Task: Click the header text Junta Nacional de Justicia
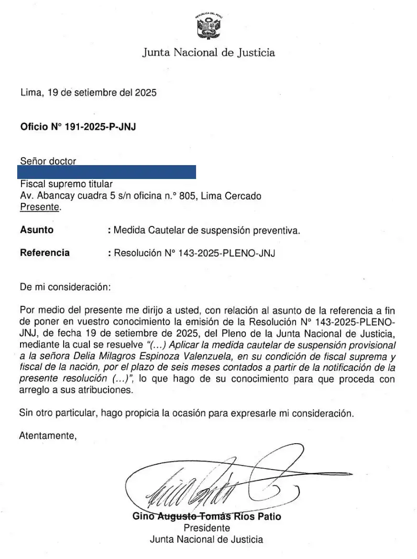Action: pyautogui.click(x=208, y=53)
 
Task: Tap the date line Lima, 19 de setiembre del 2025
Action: pyautogui.click(x=88, y=93)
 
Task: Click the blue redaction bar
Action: pyautogui.click(x=106, y=172)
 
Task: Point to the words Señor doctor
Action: pyautogui.click(x=48, y=161)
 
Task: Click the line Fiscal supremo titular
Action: pyautogui.click(x=66, y=184)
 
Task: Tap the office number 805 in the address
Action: pyautogui.click(x=187, y=196)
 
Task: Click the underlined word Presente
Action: pyautogui.click(x=41, y=207)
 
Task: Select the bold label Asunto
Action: pyautogui.click(x=37, y=230)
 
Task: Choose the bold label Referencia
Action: pyautogui.click(x=44, y=253)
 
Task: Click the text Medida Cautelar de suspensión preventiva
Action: pyautogui.click(x=207, y=230)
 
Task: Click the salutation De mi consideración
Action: pyautogui.click(x=65, y=288)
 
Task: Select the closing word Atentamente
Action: pyautogui.click(x=47, y=436)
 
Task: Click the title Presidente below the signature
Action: pyautogui.click(x=207, y=528)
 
